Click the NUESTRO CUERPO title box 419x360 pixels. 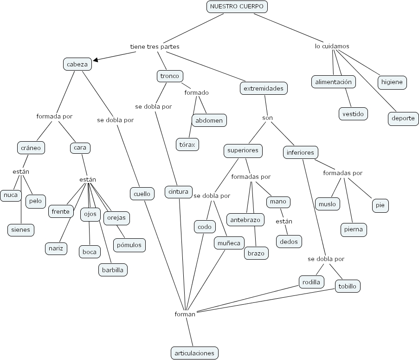pos(237,7)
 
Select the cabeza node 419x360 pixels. pos(77,65)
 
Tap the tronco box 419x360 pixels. pos(169,76)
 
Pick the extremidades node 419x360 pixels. pos(264,88)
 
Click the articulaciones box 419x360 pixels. pos(194,353)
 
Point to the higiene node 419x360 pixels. pos(392,82)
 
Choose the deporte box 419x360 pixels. pos(403,118)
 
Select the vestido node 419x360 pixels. pos(353,113)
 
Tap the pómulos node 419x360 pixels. pos(129,245)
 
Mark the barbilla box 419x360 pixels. pos(112,269)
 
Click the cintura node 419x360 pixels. pos(179,191)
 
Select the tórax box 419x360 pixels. pos(187,144)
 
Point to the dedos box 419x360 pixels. pos(289,241)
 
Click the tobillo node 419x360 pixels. pos(348,286)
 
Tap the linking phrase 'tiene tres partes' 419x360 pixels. pos(155,47)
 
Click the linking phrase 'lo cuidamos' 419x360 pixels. pos(332,46)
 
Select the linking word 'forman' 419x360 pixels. pos(185,314)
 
